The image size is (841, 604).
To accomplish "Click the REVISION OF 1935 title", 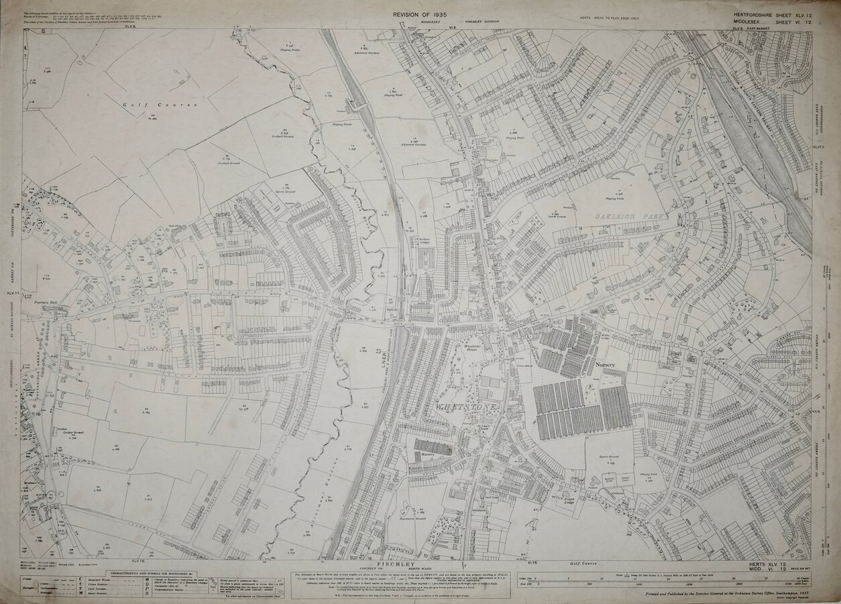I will tap(420, 14).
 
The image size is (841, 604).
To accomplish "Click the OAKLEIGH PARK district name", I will tap(622, 216).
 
